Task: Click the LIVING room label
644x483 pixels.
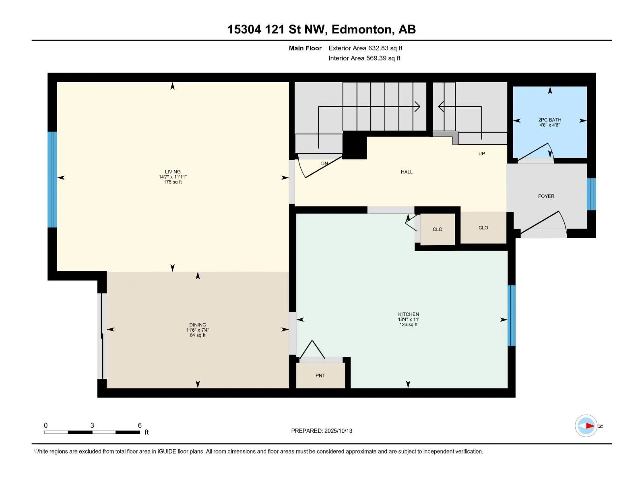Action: [173, 171]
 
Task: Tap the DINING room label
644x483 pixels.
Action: [198, 325]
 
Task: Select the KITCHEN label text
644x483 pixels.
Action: [408, 314]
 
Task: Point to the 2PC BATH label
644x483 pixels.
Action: [549, 120]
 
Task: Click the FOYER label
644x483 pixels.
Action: [546, 196]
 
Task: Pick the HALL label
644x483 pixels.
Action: [407, 172]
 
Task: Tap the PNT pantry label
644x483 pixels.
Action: [320, 376]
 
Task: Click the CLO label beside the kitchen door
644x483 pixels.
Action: [437, 229]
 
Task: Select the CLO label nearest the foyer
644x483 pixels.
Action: [483, 227]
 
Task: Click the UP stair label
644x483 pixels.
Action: [481, 153]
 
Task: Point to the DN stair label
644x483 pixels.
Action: [324, 163]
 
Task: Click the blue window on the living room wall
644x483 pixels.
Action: [52, 180]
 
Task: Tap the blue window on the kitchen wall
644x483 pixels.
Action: [511, 316]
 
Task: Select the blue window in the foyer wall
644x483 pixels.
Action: [591, 194]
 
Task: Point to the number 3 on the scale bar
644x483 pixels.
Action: [92, 425]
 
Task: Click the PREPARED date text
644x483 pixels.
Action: [322, 431]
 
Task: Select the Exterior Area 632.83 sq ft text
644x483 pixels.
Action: [365, 48]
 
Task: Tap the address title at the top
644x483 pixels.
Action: [322, 29]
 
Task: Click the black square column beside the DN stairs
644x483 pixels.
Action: [355, 145]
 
